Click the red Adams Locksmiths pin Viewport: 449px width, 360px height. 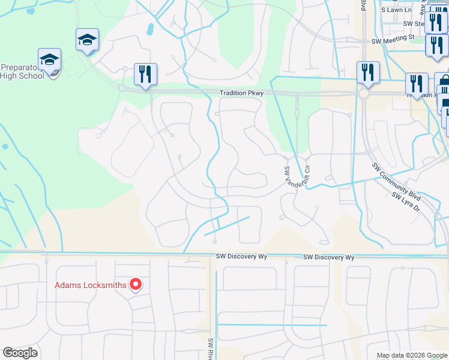pyautogui.click(x=136, y=284)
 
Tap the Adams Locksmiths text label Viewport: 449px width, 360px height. pyautogui.click(x=91, y=285)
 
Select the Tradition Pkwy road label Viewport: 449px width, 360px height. pyautogui.click(x=241, y=93)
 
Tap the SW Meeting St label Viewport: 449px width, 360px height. pyautogui.click(x=393, y=40)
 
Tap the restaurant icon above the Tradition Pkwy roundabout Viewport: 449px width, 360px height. pyautogui.click(x=367, y=73)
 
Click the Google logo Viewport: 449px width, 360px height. pyautogui.click(x=20, y=353)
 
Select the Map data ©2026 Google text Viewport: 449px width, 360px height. pyautogui.click(x=411, y=355)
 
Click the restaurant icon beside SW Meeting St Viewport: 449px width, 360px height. pyautogui.click(x=436, y=45)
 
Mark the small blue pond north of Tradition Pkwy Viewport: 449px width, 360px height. pyautogui.click(x=149, y=29)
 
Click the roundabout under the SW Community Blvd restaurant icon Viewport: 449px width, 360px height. pyautogui.click(x=364, y=94)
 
